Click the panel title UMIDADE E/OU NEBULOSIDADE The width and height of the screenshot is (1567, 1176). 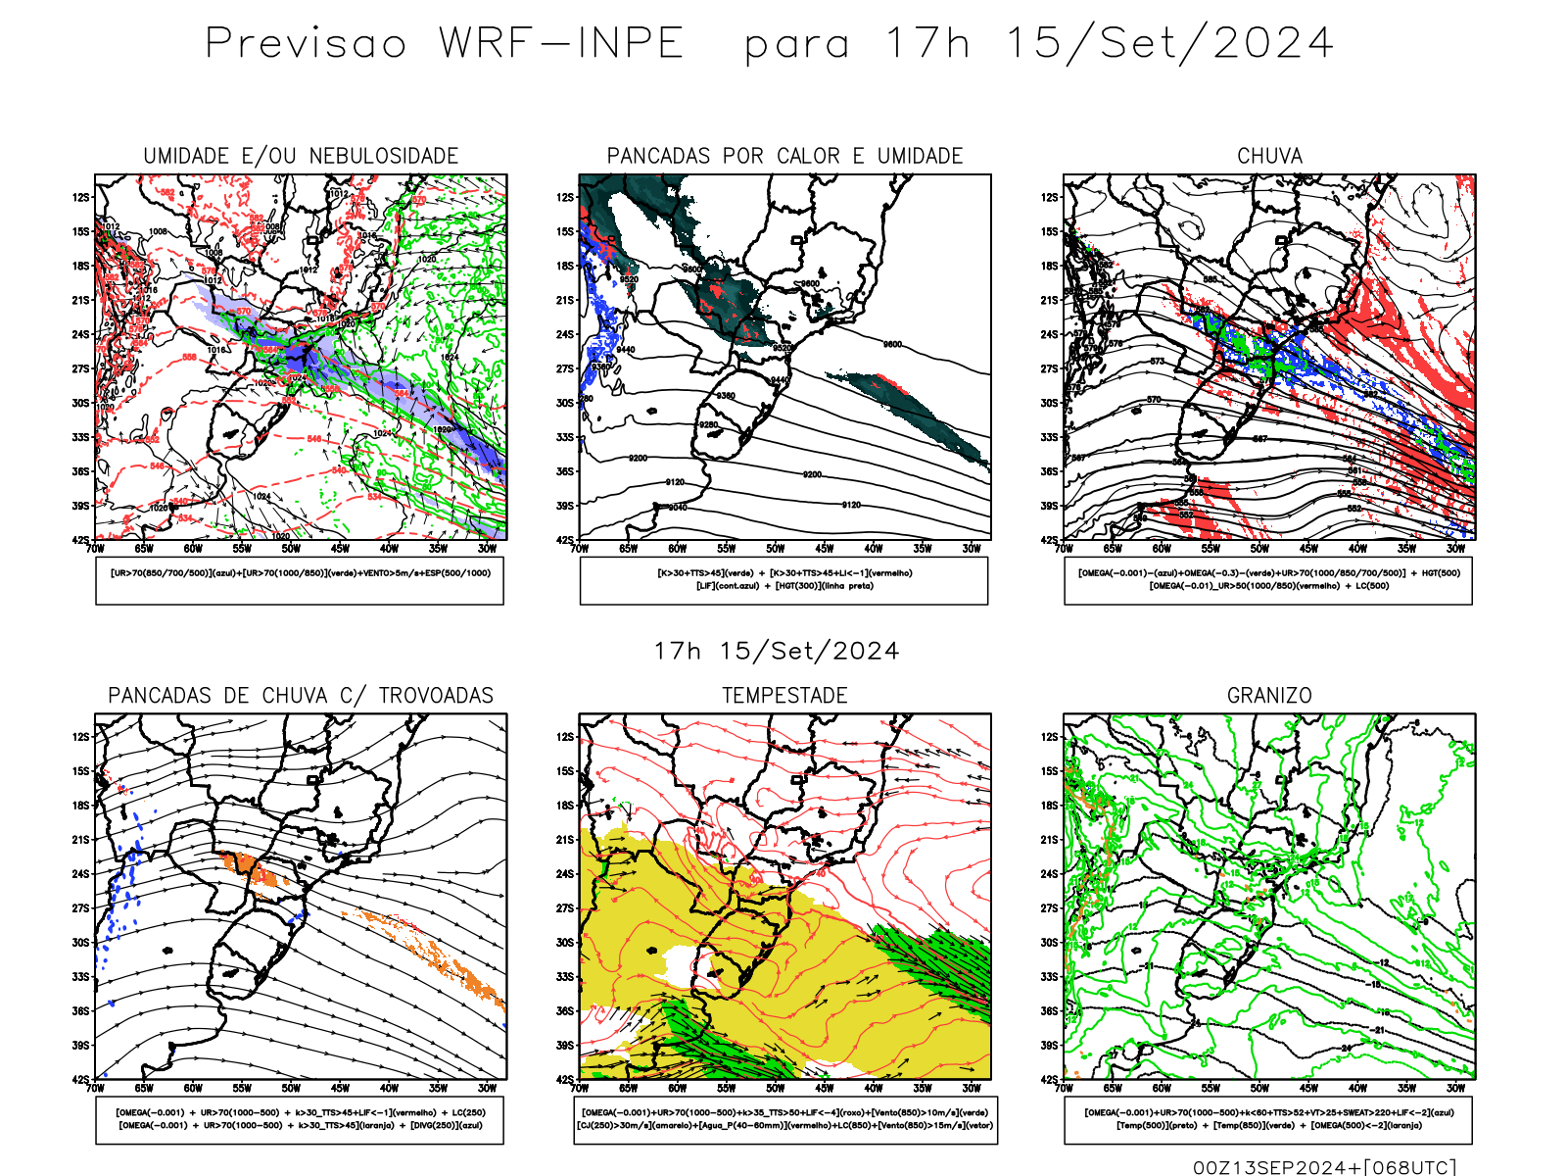click(301, 156)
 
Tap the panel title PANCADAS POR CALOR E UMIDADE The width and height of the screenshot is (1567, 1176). click(784, 156)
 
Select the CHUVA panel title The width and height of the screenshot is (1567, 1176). click(1269, 156)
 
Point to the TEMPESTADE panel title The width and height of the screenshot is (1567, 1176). click(784, 696)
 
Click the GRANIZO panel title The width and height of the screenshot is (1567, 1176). click(1269, 696)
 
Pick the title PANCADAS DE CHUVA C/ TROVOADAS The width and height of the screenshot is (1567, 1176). click(301, 696)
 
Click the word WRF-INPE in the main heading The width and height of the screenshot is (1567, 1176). click(561, 44)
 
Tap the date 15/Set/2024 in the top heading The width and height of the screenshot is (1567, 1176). click(1169, 44)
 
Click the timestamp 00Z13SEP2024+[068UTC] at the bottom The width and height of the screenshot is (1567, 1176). click(1324, 1166)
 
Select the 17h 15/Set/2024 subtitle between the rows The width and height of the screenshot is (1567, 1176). click(777, 651)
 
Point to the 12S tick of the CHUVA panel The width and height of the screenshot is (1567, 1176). click(1050, 197)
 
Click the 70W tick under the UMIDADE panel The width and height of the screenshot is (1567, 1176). click(95, 549)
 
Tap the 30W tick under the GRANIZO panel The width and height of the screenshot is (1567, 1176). click(1456, 1088)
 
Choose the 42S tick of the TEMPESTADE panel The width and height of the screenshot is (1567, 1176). click(565, 1079)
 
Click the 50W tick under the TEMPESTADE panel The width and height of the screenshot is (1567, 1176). click(776, 1088)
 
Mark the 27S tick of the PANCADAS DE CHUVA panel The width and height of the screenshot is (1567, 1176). click(80, 908)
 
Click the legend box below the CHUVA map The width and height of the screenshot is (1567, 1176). click(1268, 580)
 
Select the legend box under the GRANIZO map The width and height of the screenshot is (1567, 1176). click(1268, 1119)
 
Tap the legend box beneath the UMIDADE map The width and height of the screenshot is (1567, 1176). click(300, 580)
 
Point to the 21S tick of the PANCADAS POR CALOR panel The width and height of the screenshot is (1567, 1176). click(565, 300)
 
